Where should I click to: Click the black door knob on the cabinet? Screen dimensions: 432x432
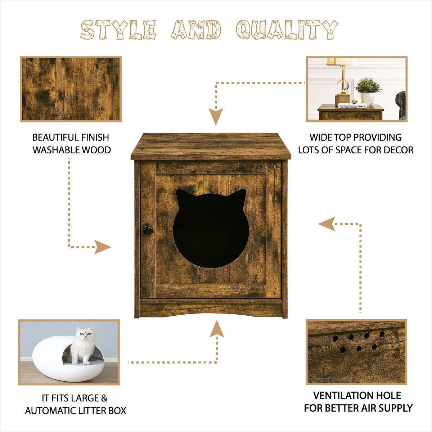(148, 230)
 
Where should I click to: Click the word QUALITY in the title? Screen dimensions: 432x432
(287, 30)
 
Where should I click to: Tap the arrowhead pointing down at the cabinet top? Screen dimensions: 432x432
(216, 116)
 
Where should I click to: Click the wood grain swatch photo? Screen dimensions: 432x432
(71, 89)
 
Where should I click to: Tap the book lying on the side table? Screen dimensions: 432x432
(352, 106)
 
